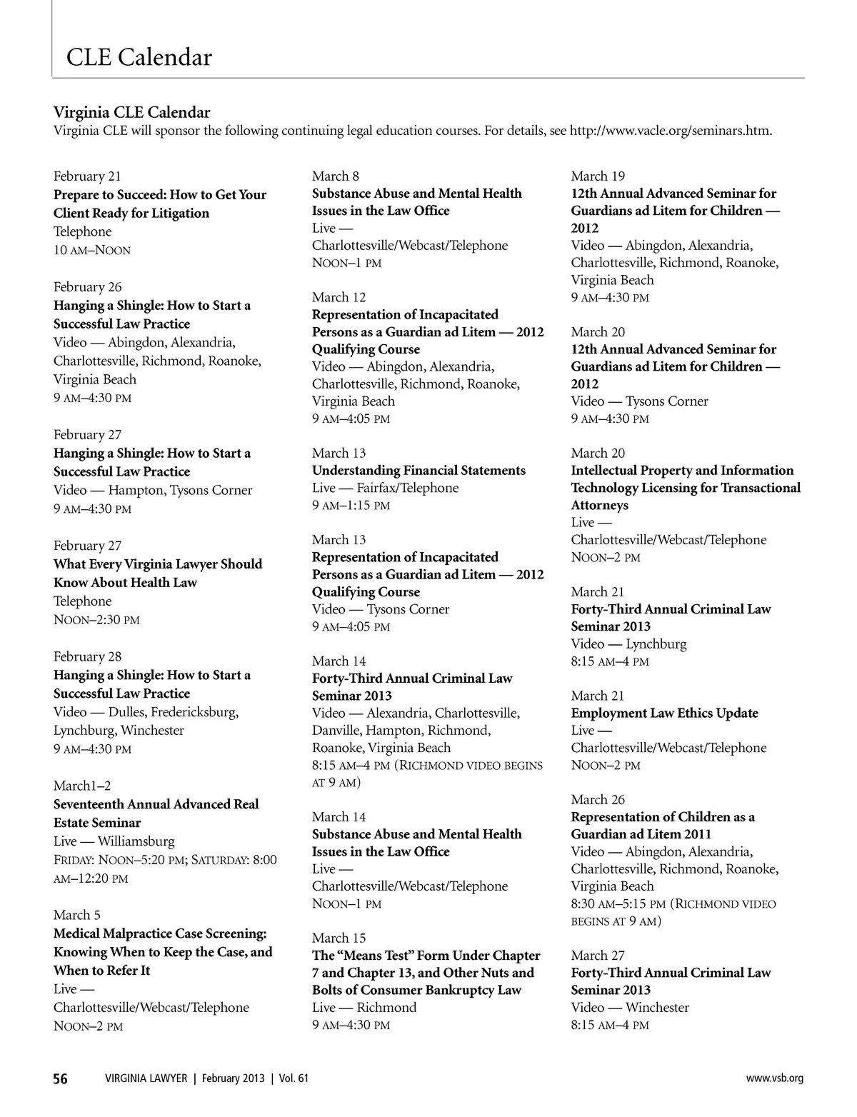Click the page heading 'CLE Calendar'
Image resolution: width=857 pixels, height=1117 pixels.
[x=139, y=57]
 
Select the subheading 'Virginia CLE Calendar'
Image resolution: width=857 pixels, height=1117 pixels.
[x=132, y=112]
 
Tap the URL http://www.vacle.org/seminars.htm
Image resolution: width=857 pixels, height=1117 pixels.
[x=670, y=131]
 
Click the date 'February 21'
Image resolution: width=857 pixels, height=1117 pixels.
[x=87, y=176]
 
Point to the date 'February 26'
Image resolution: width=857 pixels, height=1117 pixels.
[x=87, y=287]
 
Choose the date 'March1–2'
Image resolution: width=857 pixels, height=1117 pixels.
[x=82, y=786]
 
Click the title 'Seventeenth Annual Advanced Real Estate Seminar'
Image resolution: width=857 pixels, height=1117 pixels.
[x=156, y=813]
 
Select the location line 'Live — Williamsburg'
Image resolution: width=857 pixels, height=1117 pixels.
[x=114, y=841]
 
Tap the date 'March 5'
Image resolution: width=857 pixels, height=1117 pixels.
[x=77, y=915]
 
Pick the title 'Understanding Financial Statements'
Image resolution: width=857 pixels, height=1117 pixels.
[x=419, y=471]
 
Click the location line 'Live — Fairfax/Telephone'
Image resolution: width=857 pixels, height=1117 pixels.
[x=386, y=488]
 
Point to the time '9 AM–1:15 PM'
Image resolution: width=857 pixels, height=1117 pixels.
[x=351, y=506]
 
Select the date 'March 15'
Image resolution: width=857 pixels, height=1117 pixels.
[x=339, y=938]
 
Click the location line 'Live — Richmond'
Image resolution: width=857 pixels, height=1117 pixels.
[x=364, y=1008]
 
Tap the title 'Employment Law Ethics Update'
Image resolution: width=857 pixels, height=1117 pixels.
[x=664, y=713]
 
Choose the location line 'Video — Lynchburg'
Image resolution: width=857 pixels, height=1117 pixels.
[x=628, y=643]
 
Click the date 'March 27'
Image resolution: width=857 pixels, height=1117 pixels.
[x=598, y=956]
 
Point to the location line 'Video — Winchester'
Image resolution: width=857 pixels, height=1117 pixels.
[x=630, y=1008]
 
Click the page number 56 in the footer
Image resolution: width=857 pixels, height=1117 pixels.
[x=61, y=1078]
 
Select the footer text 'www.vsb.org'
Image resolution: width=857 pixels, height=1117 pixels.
[x=775, y=1078]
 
